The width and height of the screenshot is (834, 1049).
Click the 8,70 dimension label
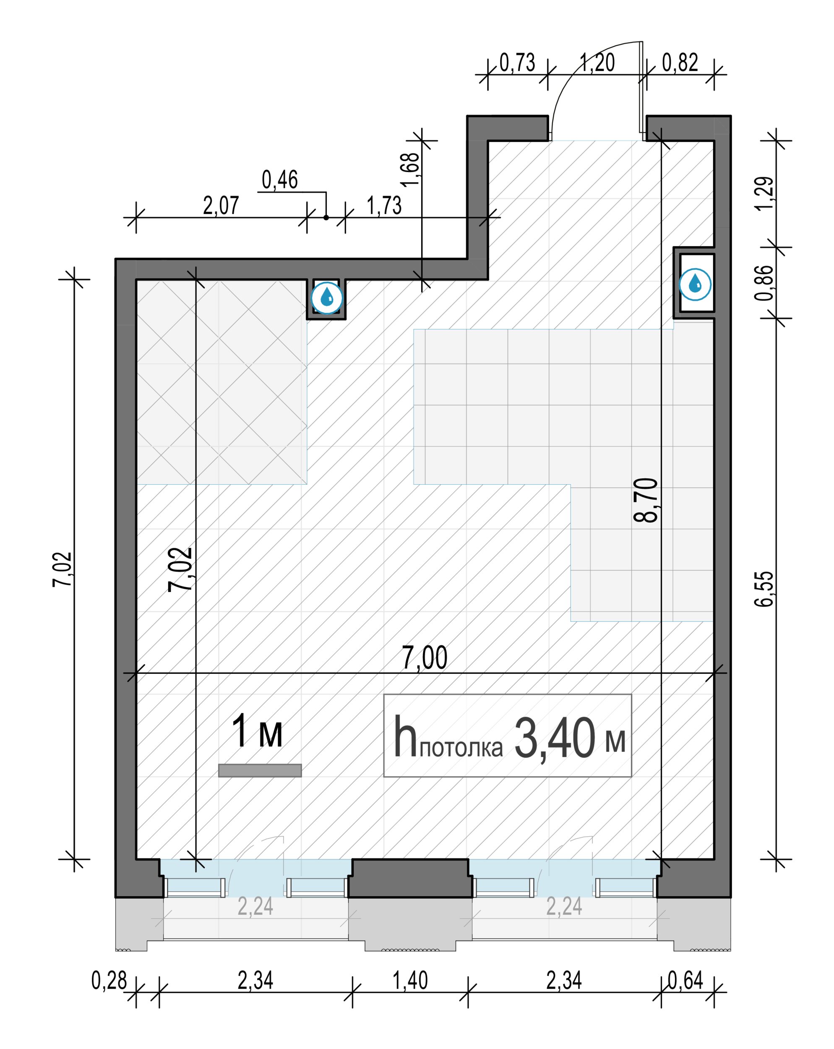tap(646, 500)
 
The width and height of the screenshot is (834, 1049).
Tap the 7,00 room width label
tap(424, 658)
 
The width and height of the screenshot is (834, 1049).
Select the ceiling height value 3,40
tap(554, 738)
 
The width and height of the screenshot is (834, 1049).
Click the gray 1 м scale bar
tap(260, 770)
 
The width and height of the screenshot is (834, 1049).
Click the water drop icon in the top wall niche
tap(327, 297)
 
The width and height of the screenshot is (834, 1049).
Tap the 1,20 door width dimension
tap(597, 62)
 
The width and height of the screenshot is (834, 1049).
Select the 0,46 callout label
tap(280, 180)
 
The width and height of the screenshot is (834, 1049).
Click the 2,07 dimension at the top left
tap(221, 205)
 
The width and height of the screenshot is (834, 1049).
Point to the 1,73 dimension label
tap(384, 205)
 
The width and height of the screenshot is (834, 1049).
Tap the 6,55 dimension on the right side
tap(764, 589)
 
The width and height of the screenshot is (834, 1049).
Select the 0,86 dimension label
tap(764, 282)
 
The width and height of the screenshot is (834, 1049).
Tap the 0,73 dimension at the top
tap(517, 62)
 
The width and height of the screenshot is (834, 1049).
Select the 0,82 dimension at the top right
tap(680, 62)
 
